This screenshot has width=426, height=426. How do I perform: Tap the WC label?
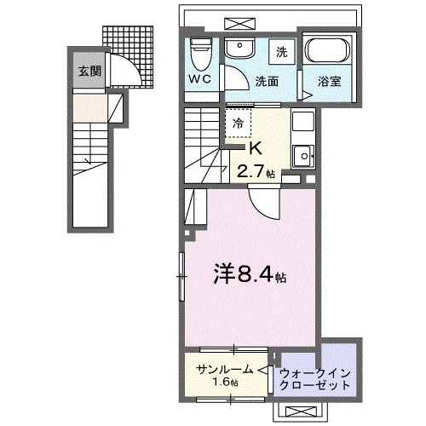coord(200,76)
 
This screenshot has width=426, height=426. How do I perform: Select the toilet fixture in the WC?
coord(201,53)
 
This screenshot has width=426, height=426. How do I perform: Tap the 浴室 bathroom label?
coord(329,83)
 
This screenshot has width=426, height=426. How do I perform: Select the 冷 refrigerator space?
coord(239,123)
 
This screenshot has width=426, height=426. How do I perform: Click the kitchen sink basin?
coord(302,156)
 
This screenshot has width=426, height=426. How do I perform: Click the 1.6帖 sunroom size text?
coord(225,383)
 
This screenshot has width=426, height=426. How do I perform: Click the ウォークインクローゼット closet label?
coord(315,378)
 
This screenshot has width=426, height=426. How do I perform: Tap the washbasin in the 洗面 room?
coord(239,51)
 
